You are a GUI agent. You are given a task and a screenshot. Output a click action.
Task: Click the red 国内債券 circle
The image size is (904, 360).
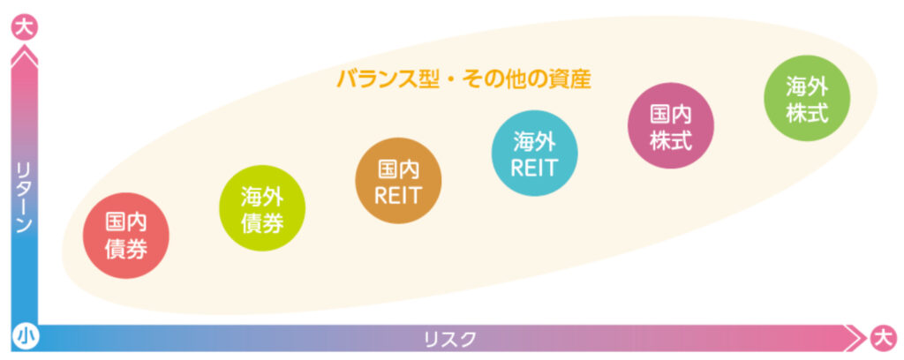point(126,236)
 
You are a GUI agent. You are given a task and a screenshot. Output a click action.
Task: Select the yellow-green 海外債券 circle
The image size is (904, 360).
point(262,209)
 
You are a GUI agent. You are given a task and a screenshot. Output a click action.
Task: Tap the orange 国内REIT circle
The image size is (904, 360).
point(397,182)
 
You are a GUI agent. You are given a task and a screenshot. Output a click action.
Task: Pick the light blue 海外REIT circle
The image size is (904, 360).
point(533,153)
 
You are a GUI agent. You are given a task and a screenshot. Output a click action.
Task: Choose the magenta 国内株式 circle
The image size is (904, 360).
point(670,125)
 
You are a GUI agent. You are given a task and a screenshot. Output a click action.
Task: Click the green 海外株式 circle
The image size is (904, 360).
point(807,97)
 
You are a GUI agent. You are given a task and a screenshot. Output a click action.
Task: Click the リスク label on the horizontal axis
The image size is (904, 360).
point(450,338)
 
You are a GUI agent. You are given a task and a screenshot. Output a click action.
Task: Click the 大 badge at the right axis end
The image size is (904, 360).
point(880,337)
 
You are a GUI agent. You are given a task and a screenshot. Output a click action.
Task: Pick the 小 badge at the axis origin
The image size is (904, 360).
point(24,337)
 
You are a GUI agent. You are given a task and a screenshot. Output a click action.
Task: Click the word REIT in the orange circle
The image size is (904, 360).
point(397,196)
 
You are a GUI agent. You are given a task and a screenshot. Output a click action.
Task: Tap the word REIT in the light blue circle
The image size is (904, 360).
point(533,167)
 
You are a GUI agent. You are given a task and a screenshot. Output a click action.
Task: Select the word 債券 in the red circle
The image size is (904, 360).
point(126,250)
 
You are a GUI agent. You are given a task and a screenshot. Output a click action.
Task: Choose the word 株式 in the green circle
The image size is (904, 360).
point(807,112)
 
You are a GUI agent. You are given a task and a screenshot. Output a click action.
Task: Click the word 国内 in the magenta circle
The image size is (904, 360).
point(670,112)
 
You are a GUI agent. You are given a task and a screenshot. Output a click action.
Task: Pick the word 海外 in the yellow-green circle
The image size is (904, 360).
point(262,196)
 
